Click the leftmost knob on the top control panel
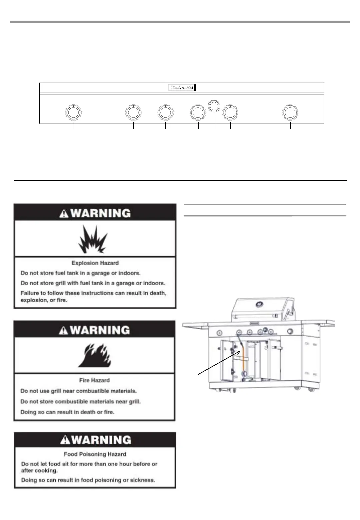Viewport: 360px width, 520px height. pyautogui.click(x=73, y=112)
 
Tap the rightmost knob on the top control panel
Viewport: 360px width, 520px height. pyautogui.click(x=290, y=112)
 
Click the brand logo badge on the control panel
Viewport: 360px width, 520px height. pyautogui.click(x=181, y=87)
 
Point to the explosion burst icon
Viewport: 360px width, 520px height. pyautogui.click(x=93, y=239)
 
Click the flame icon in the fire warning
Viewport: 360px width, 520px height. pyautogui.click(x=94, y=356)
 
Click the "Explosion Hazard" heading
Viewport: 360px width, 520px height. pyautogui.click(x=95, y=263)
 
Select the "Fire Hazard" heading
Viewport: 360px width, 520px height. pyautogui.click(x=94, y=380)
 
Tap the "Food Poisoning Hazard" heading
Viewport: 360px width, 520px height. pyautogui.click(x=95, y=454)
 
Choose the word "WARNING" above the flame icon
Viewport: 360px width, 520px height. pyautogui.click(x=101, y=330)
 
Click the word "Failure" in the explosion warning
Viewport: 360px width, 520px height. pyautogui.click(x=30, y=293)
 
